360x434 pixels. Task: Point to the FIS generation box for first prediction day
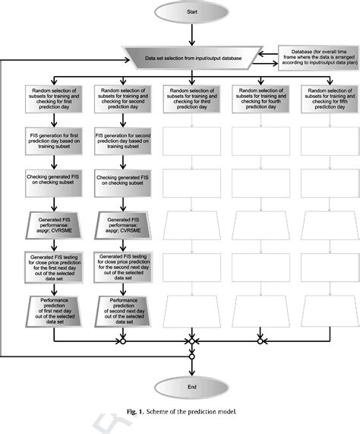[51, 140]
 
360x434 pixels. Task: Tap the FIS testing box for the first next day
[51, 268]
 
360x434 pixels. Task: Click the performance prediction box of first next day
[51, 309]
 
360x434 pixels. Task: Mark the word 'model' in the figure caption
[225, 411]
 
